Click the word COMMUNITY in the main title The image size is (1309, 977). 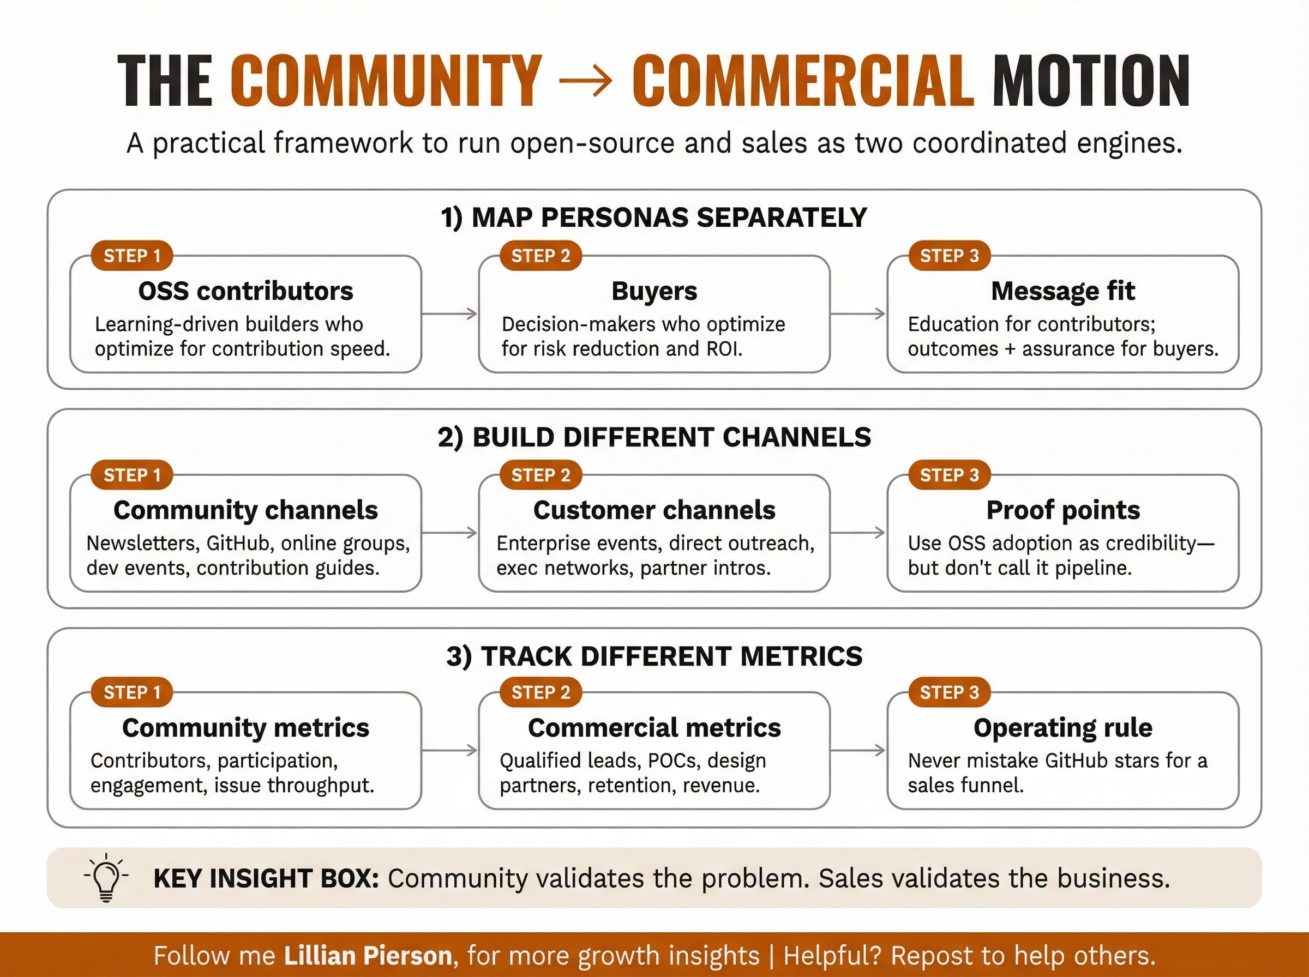point(386,81)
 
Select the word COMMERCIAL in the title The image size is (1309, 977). point(803,81)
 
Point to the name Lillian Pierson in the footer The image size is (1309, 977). point(368,955)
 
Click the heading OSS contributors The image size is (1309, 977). point(245,291)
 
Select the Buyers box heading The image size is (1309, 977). point(654,291)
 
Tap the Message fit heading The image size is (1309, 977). point(1063,291)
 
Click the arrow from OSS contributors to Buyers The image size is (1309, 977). point(449,313)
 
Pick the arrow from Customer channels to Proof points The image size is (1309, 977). point(858,533)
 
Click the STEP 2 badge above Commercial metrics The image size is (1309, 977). point(541,692)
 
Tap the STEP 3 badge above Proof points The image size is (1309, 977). point(950,474)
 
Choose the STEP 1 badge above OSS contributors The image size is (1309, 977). point(132,256)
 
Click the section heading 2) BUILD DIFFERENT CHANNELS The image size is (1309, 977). point(654,437)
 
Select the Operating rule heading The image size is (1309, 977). point(1063,727)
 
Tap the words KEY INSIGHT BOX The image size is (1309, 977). point(266,878)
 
